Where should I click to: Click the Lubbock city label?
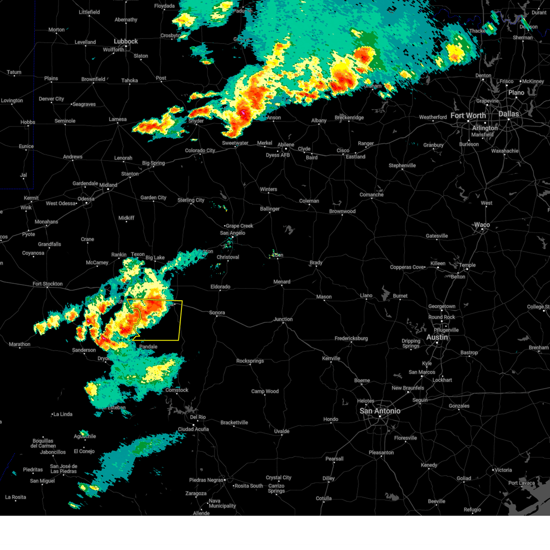(x=126, y=41)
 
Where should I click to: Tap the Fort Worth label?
(x=468, y=115)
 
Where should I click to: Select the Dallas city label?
(x=509, y=114)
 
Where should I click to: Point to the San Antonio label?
(x=379, y=411)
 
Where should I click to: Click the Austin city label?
(x=437, y=337)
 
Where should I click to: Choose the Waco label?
(x=482, y=225)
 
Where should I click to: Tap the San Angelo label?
(x=232, y=233)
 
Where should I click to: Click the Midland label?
(x=108, y=185)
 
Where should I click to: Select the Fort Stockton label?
(x=47, y=284)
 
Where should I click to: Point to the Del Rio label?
(x=198, y=418)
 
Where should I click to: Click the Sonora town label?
(x=217, y=313)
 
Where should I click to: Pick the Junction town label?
(x=283, y=319)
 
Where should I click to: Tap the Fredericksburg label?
(x=351, y=339)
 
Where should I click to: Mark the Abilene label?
(x=286, y=145)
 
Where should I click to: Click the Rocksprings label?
(x=250, y=361)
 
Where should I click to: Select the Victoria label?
(x=503, y=470)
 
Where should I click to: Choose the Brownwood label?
(x=342, y=212)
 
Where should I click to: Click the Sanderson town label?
(x=84, y=350)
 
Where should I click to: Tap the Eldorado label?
(x=220, y=287)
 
